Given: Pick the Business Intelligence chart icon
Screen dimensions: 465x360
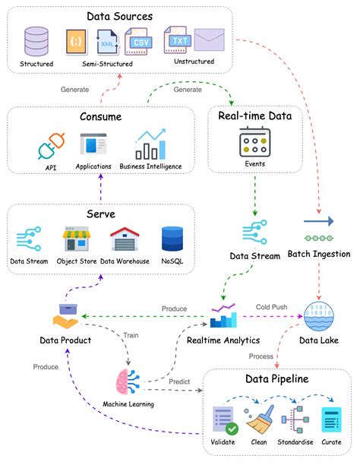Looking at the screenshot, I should click(150, 144).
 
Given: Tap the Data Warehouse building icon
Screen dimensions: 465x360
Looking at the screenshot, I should click(124, 239).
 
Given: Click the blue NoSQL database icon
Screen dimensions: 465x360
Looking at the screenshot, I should click(171, 239).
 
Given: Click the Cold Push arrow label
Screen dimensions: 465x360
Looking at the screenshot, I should click(272, 306).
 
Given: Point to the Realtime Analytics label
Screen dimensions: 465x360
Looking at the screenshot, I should click(223, 340).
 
